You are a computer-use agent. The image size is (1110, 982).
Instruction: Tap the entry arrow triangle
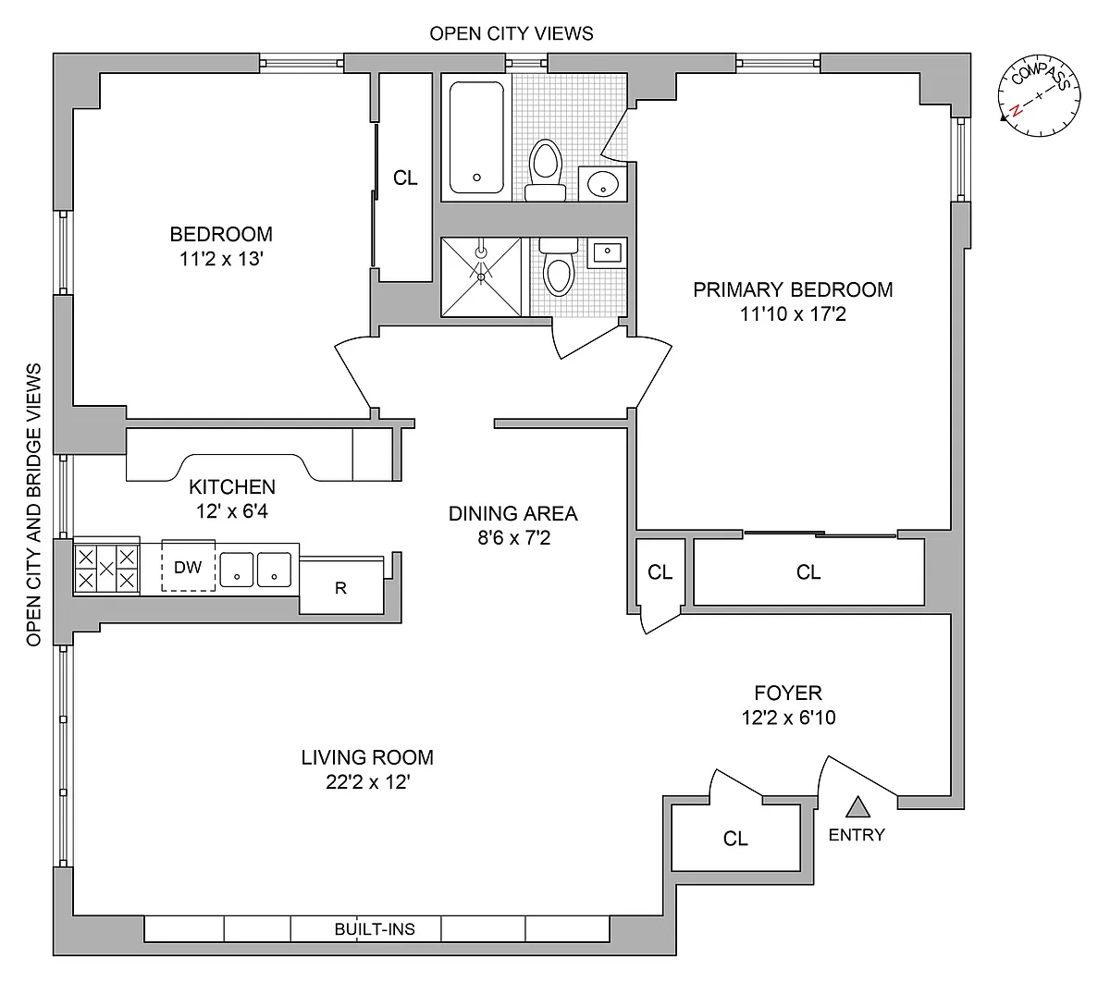click(x=858, y=807)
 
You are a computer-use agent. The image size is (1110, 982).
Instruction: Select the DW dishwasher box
click(x=189, y=567)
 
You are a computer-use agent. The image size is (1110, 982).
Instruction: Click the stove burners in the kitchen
click(x=106, y=567)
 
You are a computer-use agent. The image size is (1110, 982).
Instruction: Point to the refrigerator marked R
click(x=341, y=586)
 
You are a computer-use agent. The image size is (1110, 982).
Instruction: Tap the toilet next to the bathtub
click(x=546, y=169)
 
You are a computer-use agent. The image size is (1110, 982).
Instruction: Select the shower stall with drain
click(x=482, y=276)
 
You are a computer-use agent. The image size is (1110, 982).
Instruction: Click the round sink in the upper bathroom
click(x=603, y=183)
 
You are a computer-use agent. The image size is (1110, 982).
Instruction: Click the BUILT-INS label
click(x=375, y=929)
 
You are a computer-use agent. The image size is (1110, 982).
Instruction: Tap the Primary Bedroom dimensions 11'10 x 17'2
click(x=794, y=314)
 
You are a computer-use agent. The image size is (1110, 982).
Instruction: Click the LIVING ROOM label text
click(x=367, y=758)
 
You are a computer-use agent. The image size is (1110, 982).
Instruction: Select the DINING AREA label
click(x=512, y=513)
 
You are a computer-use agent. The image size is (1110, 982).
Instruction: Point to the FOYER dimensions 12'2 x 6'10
click(x=788, y=717)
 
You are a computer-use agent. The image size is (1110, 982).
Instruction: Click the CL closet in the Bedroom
click(x=405, y=178)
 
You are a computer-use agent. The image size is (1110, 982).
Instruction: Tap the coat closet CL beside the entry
click(x=735, y=839)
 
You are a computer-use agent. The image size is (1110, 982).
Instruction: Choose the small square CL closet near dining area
click(x=660, y=572)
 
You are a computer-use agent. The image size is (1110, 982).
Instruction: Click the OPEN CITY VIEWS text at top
click(x=512, y=33)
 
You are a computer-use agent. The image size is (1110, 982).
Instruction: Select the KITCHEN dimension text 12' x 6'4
click(x=232, y=510)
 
